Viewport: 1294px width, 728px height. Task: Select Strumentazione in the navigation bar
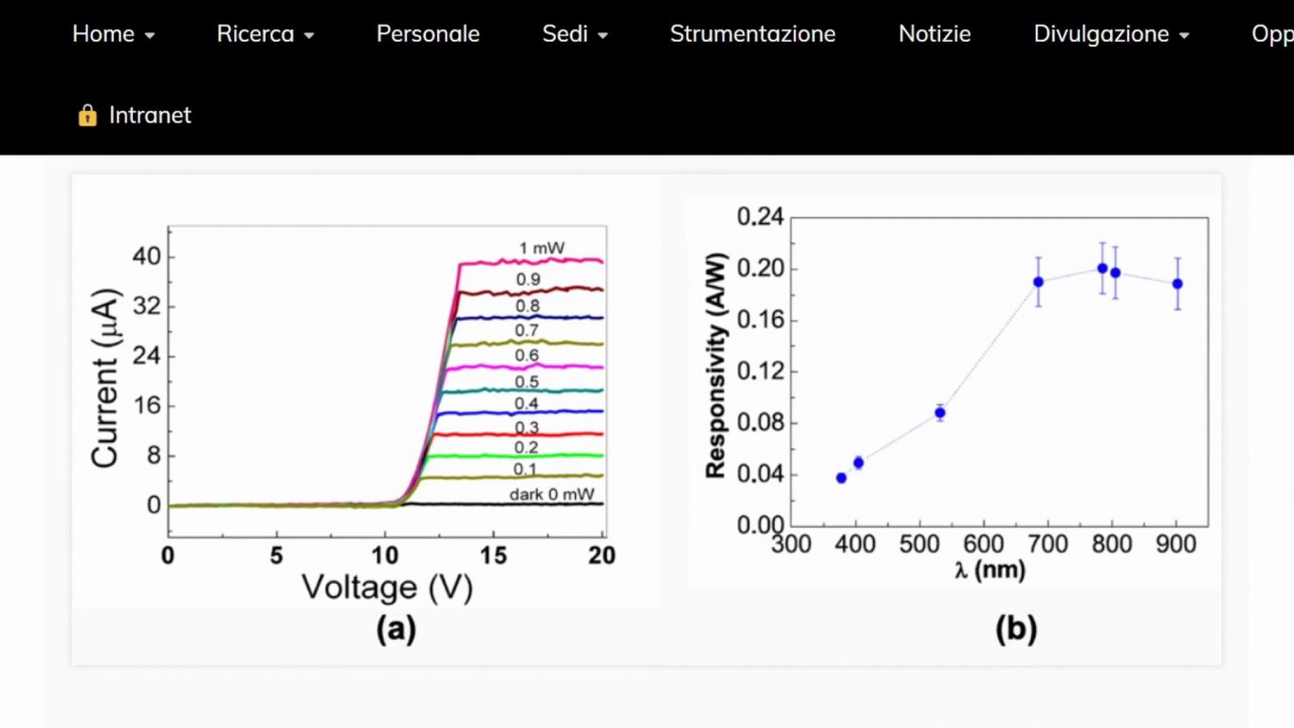[x=752, y=34]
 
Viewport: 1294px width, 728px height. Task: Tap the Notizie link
[x=934, y=34]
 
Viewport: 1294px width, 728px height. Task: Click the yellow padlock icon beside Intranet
[x=87, y=116]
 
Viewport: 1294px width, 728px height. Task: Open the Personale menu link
[x=428, y=34]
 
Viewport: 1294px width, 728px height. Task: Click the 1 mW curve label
[x=542, y=249]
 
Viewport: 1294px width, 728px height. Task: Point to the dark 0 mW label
[x=552, y=495]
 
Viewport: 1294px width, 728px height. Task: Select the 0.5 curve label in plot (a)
[x=527, y=382]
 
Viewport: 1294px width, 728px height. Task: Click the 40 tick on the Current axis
[x=147, y=256]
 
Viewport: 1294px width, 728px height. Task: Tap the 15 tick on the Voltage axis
[x=493, y=556]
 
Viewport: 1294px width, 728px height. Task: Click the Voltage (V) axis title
[x=388, y=588]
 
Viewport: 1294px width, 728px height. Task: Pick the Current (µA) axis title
[x=105, y=378]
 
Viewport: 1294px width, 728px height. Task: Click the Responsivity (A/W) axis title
[x=715, y=365]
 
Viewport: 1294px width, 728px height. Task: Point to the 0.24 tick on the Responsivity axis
[x=760, y=217]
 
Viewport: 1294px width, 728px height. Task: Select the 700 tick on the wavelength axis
[x=1048, y=544]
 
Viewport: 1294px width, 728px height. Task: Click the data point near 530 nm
[x=940, y=413]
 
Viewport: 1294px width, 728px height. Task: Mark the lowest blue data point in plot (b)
[x=841, y=477]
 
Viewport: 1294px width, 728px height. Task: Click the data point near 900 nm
[x=1177, y=284]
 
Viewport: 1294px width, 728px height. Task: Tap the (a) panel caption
[x=397, y=628]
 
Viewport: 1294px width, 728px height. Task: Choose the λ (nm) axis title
[x=990, y=570]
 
